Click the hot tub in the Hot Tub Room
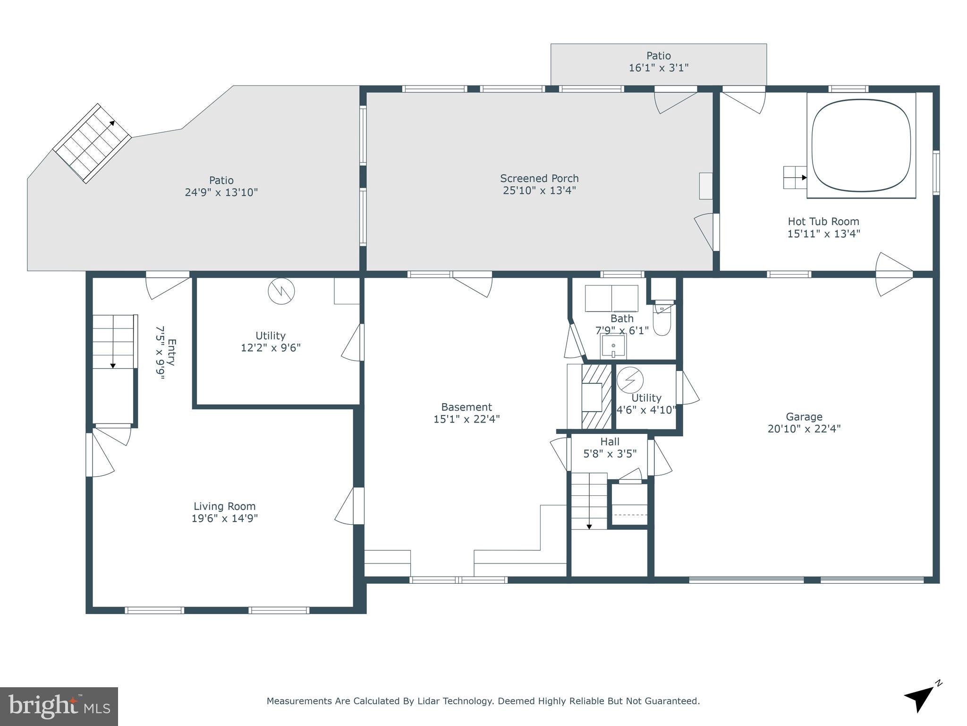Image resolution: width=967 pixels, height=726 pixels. [861, 146]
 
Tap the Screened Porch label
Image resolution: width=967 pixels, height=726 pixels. [539, 179]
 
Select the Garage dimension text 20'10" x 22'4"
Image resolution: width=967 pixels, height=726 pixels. [804, 429]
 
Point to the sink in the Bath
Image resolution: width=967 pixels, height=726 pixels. [613, 346]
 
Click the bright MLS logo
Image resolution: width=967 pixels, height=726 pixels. [59, 706]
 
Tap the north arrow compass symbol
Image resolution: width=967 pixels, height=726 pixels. [920, 699]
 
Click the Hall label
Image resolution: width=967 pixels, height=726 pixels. [610, 442]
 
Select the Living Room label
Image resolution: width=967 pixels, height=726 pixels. [224, 506]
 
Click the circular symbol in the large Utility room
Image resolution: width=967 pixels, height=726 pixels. [281, 291]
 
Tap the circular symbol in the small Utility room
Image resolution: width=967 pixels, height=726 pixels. [630, 380]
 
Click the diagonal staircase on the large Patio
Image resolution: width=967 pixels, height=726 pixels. [92, 143]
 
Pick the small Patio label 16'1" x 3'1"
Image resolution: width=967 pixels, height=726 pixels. [658, 68]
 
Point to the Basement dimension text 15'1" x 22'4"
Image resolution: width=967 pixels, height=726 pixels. [467, 419]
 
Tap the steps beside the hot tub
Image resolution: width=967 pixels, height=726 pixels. [795, 177]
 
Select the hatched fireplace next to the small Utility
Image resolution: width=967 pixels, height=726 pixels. [596, 397]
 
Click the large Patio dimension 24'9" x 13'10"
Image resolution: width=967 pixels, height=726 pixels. [221, 193]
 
